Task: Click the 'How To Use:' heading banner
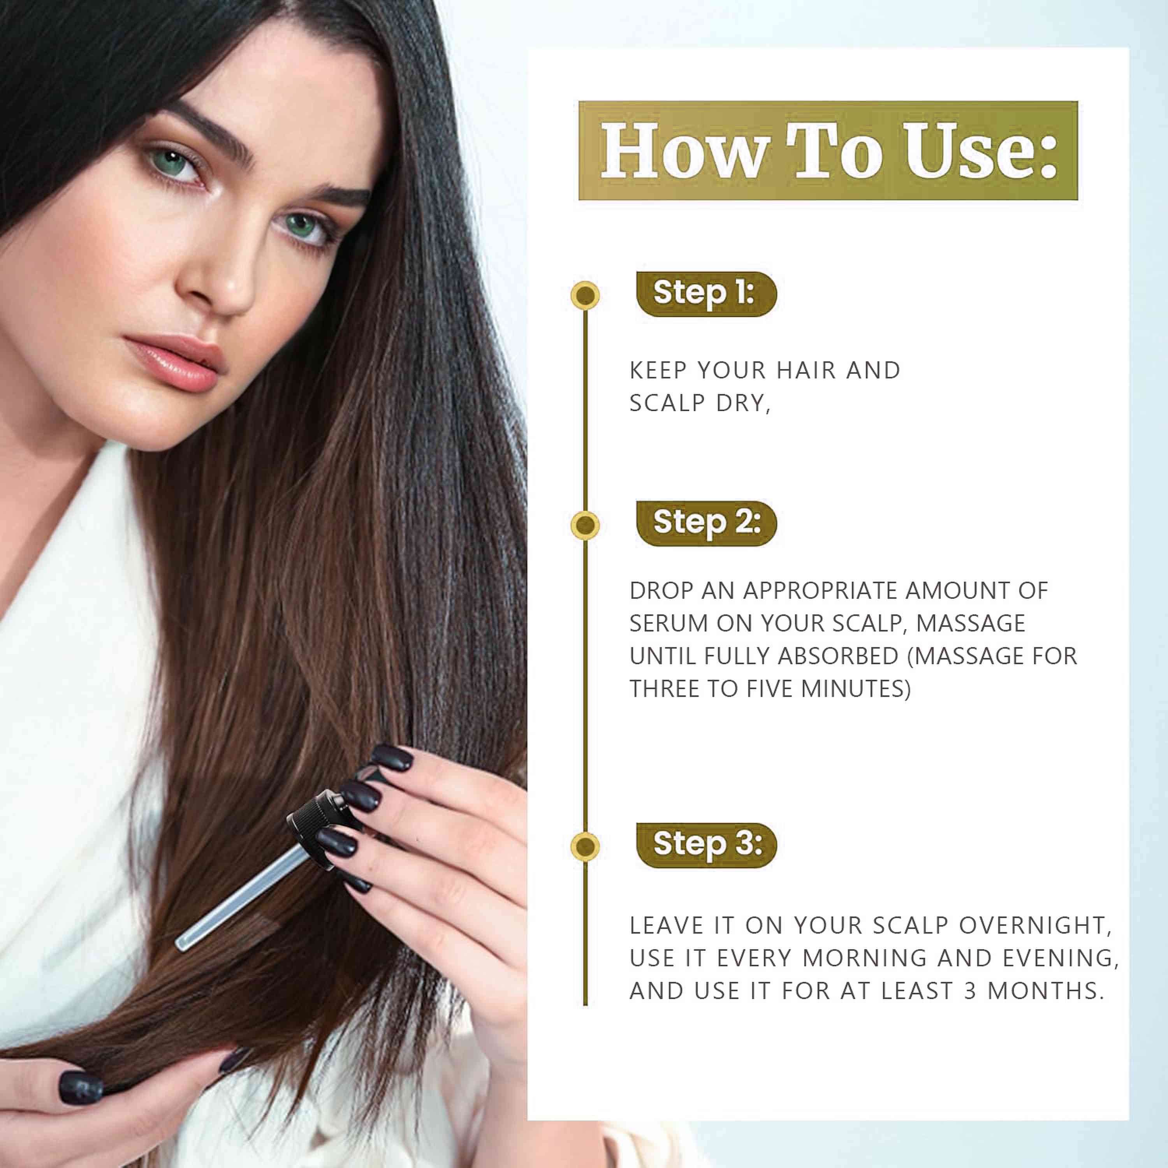tap(828, 151)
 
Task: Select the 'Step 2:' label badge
tap(706, 523)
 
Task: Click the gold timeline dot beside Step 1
tap(585, 295)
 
